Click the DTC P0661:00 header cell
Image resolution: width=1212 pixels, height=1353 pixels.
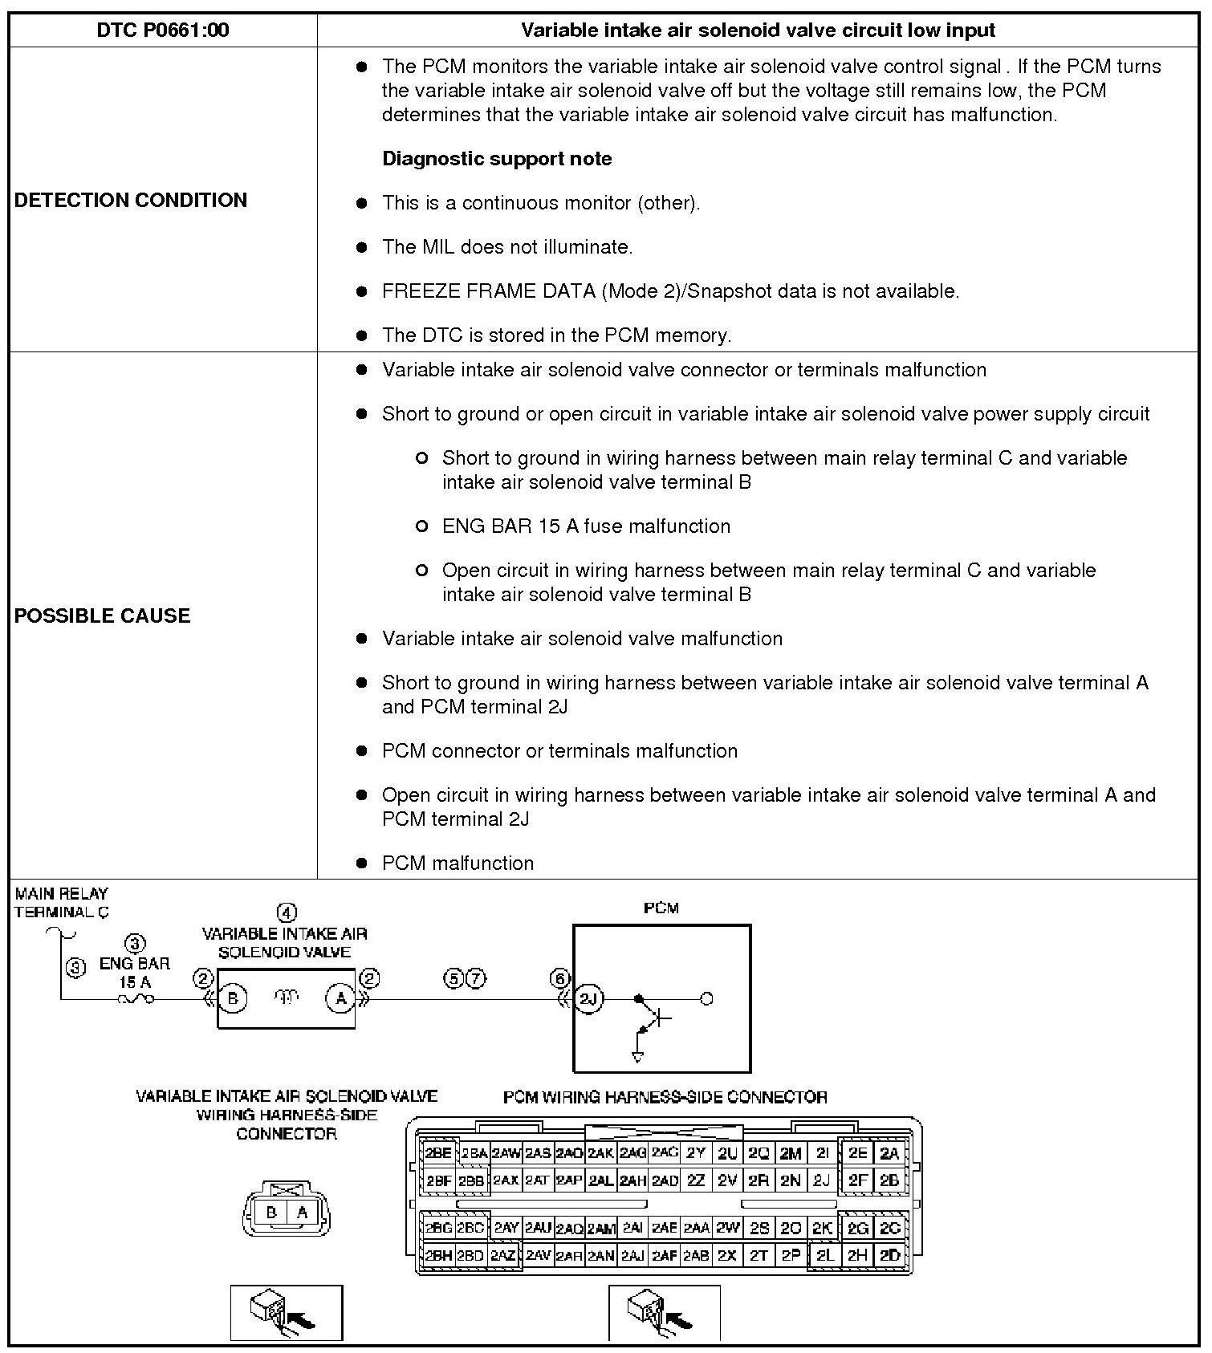163,30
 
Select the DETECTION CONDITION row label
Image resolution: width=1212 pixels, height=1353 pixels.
131,200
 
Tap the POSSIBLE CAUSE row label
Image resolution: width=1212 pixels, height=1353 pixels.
103,616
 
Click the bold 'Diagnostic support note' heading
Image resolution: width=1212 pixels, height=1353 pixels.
497,159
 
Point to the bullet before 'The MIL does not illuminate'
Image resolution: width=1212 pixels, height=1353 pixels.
361,248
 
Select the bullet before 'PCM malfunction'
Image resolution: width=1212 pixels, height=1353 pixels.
361,863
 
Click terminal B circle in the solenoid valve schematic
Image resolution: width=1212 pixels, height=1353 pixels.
234,998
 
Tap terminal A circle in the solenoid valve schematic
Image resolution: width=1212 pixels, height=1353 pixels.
340,998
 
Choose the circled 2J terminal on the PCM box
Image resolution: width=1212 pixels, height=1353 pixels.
589,998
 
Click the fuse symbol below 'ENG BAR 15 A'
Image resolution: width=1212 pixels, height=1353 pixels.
136,999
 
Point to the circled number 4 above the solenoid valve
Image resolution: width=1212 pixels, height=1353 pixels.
287,912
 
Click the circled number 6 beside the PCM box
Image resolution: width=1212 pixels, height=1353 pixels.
559,978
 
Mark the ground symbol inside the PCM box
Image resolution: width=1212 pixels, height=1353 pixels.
638,1057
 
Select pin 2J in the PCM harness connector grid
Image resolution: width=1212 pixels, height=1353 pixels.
821,1180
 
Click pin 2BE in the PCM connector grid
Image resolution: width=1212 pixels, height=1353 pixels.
438,1153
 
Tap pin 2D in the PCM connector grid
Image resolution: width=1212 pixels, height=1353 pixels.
889,1255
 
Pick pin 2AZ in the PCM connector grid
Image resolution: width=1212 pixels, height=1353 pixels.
503,1255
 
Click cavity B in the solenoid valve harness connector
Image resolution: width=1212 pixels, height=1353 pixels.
271,1213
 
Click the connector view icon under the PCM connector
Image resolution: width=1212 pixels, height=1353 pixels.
664,1313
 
